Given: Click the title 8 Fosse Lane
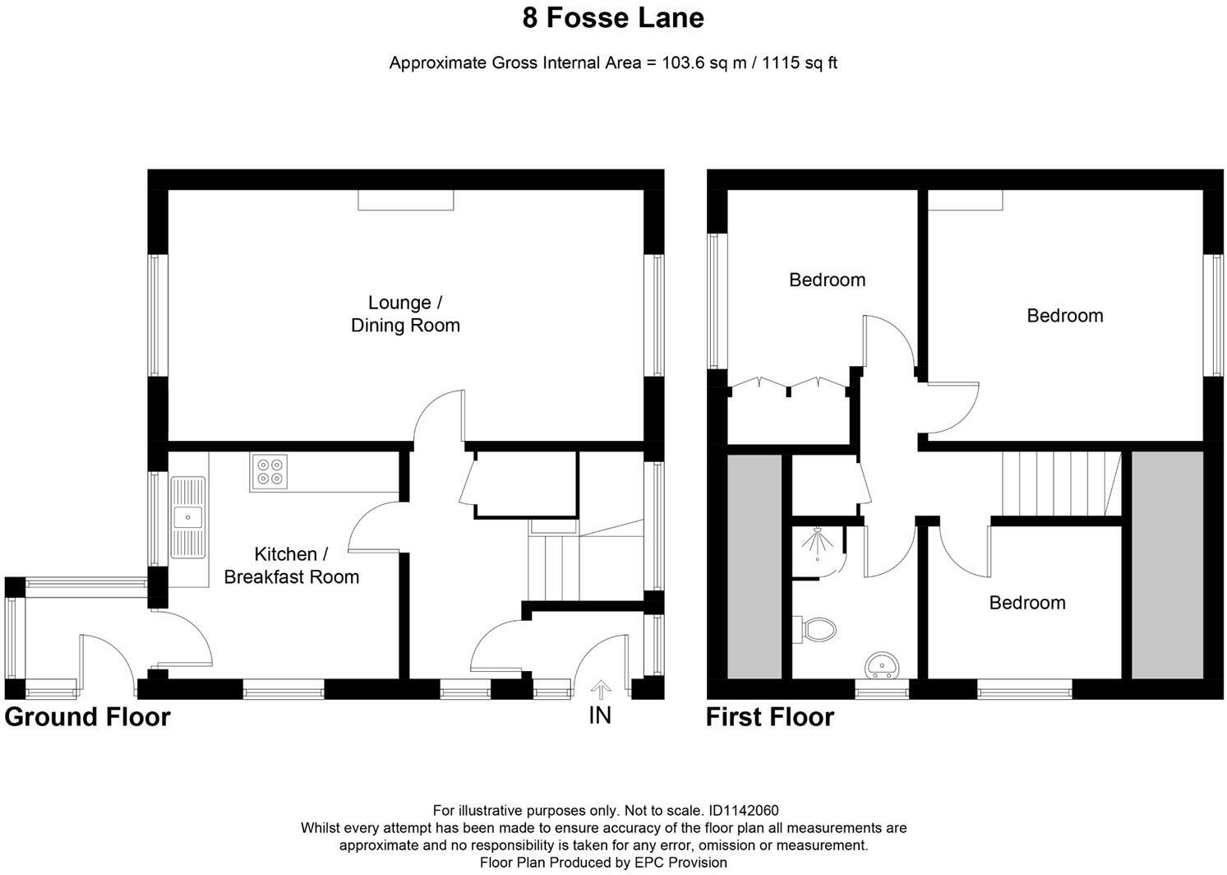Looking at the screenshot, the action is click(613, 17).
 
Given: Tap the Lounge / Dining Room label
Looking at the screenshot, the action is click(405, 313).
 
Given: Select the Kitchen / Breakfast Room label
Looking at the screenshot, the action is click(292, 565).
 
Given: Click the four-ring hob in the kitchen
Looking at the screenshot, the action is click(270, 472).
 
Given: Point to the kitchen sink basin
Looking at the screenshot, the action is click(188, 517).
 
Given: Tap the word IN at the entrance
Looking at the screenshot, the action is click(600, 715).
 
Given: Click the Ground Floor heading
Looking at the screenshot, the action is click(88, 717).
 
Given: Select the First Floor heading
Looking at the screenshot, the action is click(769, 717).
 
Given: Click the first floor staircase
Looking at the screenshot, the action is click(1062, 484).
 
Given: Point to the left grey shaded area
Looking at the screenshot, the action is click(754, 567).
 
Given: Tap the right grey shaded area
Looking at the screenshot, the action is click(1167, 565).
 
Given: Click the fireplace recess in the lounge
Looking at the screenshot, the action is click(406, 200).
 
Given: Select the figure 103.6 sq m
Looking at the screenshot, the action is click(703, 63).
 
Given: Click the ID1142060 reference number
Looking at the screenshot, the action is click(743, 810).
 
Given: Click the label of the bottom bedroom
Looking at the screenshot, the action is click(1027, 603).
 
